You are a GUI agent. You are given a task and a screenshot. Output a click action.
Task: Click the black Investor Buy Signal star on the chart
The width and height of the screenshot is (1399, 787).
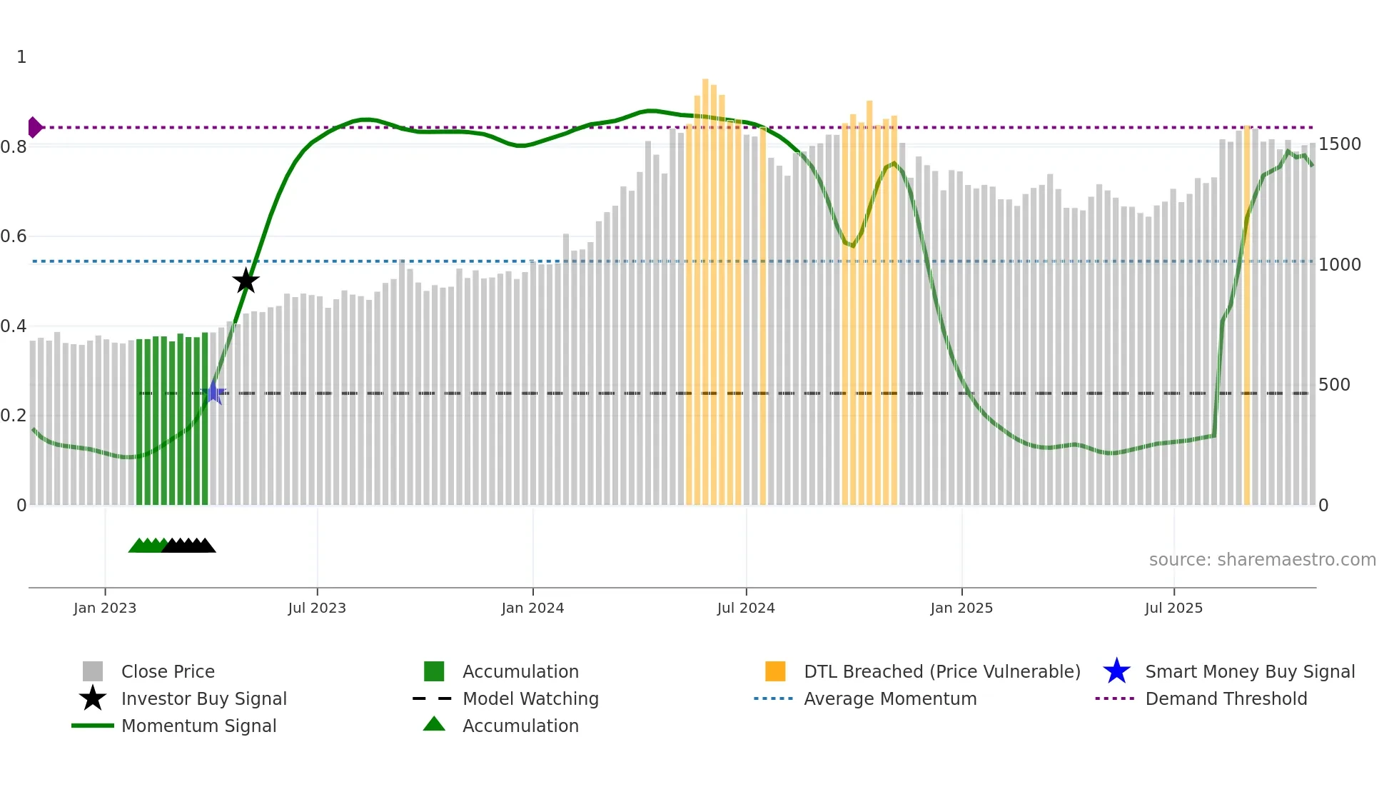pyautogui.click(x=246, y=281)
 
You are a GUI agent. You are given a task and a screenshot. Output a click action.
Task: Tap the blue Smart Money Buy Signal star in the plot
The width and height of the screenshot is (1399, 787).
pyautogui.click(x=213, y=393)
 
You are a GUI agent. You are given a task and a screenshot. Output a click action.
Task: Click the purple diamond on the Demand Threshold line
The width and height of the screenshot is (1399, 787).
pyautogui.click(x=34, y=127)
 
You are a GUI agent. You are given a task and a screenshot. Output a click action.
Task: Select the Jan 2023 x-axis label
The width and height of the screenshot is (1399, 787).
pyautogui.click(x=105, y=608)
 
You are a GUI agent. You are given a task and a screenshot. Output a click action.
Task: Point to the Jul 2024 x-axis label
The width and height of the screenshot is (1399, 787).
pyautogui.click(x=746, y=608)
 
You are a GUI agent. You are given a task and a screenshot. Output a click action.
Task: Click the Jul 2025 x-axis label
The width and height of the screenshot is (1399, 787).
pyautogui.click(x=1173, y=608)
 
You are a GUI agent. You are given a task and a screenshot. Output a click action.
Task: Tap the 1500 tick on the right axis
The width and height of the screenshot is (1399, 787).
pyautogui.click(x=1340, y=144)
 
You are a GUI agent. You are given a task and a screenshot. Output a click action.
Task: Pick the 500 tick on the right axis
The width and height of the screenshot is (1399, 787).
pyautogui.click(x=1334, y=385)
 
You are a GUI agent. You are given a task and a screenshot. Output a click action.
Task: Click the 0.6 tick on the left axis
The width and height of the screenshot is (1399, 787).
pyautogui.click(x=14, y=236)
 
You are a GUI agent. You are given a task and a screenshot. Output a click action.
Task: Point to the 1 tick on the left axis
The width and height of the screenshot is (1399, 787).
pyautogui.click(x=21, y=57)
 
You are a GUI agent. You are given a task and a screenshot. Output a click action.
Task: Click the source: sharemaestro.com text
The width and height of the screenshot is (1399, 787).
pyautogui.click(x=1262, y=560)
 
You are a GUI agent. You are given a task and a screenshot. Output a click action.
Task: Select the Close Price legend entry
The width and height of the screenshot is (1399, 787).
pyautogui.click(x=168, y=671)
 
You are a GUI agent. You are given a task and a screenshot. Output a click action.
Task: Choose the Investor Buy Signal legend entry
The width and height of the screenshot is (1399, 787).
pyautogui.click(x=203, y=698)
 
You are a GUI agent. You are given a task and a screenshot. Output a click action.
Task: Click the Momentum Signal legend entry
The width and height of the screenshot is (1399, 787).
pyautogui.click(x=198, y=726)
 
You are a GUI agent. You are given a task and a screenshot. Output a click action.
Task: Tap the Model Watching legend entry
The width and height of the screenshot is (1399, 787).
pyautogui.click(x=530, y=698)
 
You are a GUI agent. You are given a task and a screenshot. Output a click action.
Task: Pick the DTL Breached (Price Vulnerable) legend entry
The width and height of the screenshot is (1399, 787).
pyautogui.click(x=941, y=671)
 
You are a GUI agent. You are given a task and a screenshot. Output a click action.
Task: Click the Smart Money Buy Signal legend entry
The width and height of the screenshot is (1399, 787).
pyautogui.click(x=1250, y=671)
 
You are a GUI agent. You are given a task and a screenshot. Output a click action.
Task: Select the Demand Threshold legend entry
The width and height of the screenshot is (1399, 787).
pyautogui.click(x=1226, y=698)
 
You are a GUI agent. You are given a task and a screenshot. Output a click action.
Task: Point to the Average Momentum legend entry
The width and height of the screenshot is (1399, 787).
pyautogui.click(x=890, y=698)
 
